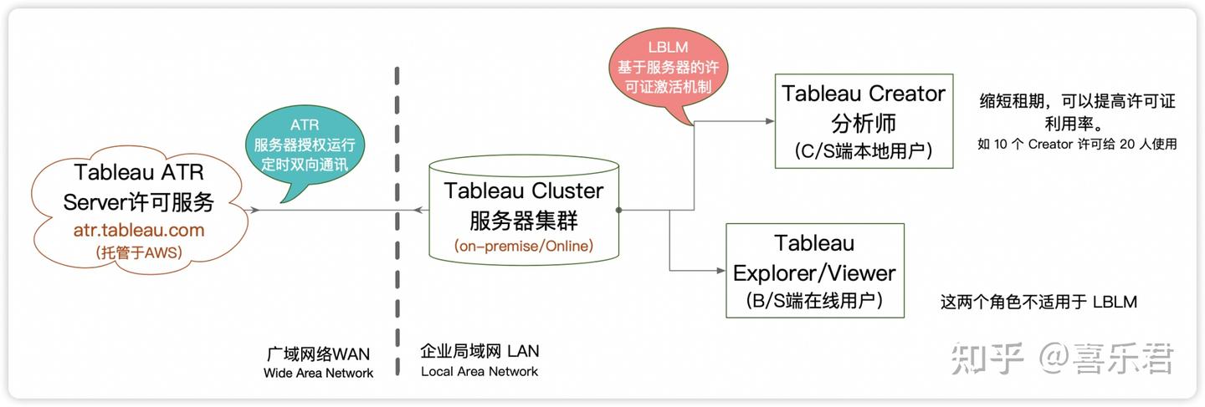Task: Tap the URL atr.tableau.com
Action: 139,229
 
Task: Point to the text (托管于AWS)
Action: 139,251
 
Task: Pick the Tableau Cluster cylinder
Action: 523,209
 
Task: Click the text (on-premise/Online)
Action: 523,247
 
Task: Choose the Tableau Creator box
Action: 863,121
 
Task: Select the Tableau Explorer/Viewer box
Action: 814,270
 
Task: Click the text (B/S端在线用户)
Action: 814,300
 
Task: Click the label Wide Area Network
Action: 318,373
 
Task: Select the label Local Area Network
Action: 479,371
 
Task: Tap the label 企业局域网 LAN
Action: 479,351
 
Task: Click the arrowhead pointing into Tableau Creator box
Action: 770,121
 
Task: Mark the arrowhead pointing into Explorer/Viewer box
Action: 720,270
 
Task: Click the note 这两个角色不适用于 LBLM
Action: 1038,302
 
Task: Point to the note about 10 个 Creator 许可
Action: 1077,144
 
